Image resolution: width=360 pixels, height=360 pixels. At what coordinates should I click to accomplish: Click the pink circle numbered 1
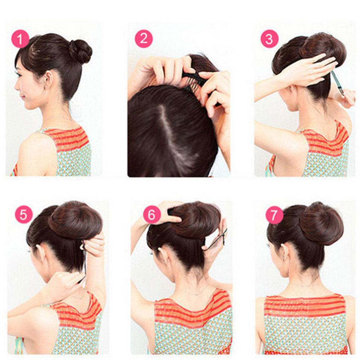(20, 39)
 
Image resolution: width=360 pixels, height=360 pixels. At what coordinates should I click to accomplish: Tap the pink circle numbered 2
(144, 39)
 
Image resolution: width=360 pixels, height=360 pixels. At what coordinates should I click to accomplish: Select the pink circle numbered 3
(269, 39)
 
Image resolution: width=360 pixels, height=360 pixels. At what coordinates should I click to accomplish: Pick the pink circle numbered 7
(274, 216)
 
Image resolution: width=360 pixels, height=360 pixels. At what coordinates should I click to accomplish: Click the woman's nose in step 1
(16, 86)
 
